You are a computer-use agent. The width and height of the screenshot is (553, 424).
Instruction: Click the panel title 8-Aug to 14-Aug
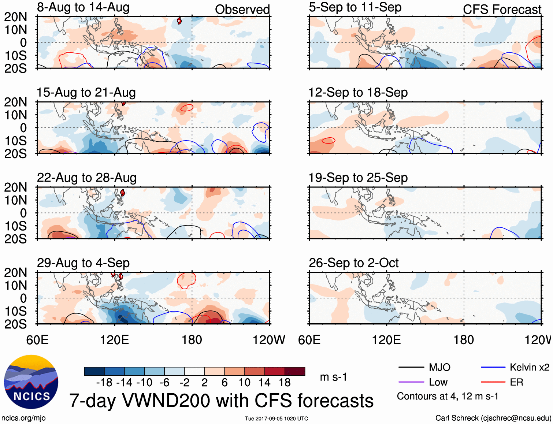(83, 8)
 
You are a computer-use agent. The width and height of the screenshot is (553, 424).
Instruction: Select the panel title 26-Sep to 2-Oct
(353, 263)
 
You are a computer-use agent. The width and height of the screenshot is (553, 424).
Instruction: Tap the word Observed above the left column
(242, 10)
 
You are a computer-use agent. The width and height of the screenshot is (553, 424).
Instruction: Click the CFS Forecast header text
(502, 10)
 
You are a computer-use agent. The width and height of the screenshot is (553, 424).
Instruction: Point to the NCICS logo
(31, 382)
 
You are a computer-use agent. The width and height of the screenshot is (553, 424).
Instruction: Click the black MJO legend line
(411, 367)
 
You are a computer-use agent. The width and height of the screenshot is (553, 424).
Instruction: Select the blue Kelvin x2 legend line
(493, 367)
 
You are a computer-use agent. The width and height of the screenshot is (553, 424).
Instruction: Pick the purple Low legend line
(411, 382)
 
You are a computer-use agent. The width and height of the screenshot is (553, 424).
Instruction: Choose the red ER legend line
(493, 382)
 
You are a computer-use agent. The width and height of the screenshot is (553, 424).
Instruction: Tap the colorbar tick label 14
(264, 383)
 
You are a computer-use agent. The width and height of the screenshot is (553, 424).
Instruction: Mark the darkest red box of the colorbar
(295, 371)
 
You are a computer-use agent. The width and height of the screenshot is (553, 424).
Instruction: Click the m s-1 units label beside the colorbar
(333, 377)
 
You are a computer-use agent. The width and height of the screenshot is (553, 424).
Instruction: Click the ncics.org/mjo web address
(23, 418)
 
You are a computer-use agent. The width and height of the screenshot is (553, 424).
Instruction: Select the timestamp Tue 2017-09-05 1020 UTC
(276, 419)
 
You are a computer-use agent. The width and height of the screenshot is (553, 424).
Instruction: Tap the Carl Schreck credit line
(493, 418)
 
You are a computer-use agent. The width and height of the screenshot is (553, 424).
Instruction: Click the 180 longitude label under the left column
(192, 340)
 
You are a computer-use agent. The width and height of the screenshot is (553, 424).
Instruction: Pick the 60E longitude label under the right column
(309, 340)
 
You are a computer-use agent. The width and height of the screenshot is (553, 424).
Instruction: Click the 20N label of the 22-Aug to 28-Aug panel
(15, 187)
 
